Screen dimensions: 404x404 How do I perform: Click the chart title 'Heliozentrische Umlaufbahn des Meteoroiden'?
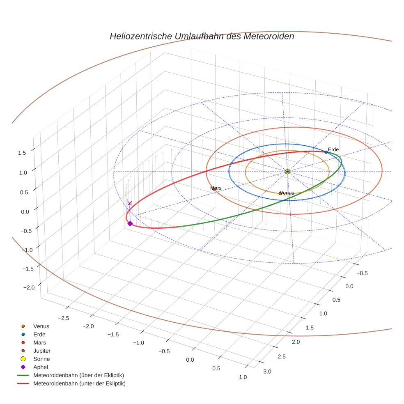tap(202, 36)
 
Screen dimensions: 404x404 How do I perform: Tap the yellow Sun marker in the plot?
tap(287, 172)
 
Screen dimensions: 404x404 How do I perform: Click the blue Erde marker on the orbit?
tap(326, 152)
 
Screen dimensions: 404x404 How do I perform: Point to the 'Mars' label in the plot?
tap(216, 188)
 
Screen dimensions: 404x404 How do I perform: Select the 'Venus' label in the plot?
tap(287, 193)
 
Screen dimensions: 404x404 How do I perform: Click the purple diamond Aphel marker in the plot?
tap(130, 223)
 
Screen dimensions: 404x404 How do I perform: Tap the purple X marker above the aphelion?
tap(130, 203)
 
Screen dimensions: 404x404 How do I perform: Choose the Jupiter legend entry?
tap(41, 351)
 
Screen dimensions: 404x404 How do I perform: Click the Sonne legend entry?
tap(41, 359)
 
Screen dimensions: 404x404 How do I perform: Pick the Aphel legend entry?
tap(41, 367)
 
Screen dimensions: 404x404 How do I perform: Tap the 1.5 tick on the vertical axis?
tap(22, 153)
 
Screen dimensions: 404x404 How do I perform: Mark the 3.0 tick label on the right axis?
tap(267, 372)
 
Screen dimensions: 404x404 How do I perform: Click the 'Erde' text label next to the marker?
tap(333, 149)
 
